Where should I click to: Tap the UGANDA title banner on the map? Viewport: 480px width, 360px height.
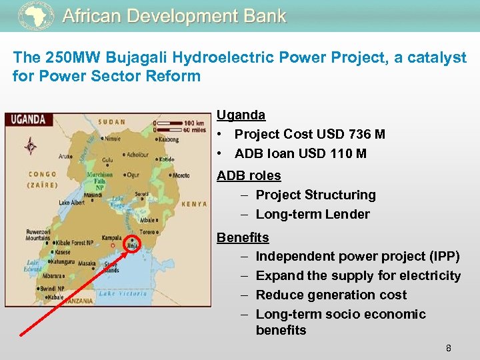(x=26, y=120)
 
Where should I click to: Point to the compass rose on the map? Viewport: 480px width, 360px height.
(x=31, y=145)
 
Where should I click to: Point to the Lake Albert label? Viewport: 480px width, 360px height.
(x=71, y=202)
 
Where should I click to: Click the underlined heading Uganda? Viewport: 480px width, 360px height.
(x=241, y=115)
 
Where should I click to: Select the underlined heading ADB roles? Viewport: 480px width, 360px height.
(x=249, y=176)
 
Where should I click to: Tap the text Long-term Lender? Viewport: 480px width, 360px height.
(x=313, y=214)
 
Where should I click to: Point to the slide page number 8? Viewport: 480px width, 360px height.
(x=448, y=347)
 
